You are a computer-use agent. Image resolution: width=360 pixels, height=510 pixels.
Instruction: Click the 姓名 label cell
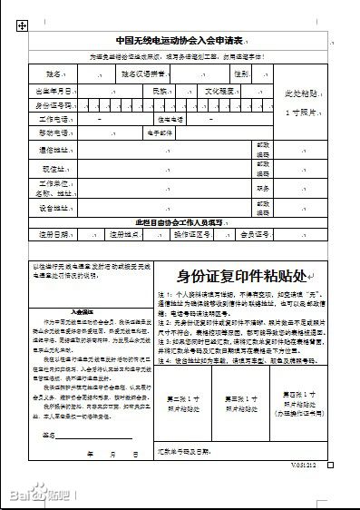point(54,74)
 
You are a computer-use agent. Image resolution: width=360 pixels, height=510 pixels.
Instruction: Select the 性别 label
point(240,74)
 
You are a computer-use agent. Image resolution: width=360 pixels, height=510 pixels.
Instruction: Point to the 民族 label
point(160,92)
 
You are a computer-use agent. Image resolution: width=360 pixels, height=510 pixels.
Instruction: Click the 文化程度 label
point(219,92)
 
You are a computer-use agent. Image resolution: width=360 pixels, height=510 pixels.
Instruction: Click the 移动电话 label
point(54,132)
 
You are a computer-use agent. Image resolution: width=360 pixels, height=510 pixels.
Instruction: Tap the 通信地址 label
point(54,149)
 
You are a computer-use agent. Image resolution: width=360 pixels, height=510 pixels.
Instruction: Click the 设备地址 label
point(54,208)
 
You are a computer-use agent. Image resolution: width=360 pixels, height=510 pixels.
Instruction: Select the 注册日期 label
point(54,234)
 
